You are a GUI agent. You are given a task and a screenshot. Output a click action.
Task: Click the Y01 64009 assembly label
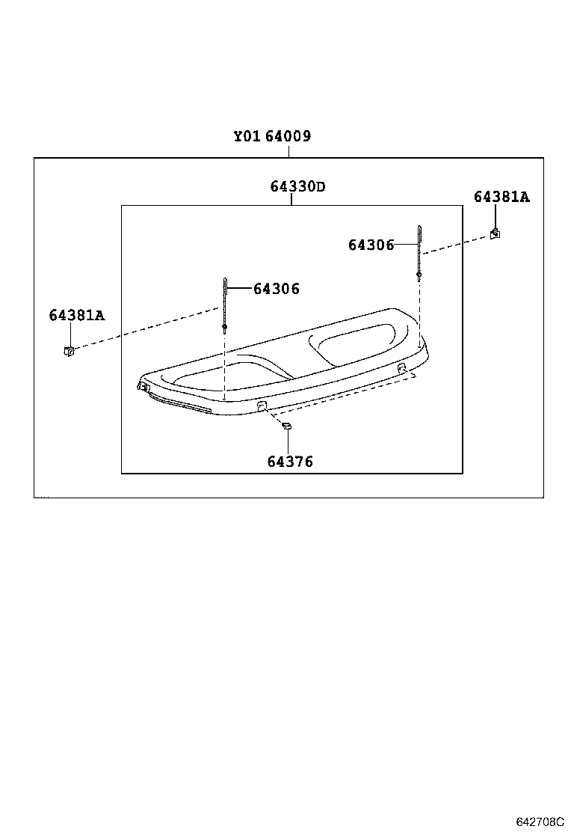coord(271,137)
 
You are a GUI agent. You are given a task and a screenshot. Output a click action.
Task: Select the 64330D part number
coord(297,186)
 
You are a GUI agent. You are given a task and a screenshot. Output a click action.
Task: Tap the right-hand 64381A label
coord(501,197)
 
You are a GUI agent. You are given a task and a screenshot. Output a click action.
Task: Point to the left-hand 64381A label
coord(77,316)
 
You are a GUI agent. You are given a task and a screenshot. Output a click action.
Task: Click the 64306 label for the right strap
coord(371,245)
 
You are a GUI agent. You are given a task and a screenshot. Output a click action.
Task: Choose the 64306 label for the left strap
coord(276,289)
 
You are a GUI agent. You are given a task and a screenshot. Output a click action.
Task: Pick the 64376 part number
coord(290,462)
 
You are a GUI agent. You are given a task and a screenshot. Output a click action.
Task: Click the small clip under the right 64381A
coord(495,233)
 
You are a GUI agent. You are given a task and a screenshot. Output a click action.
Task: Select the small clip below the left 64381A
coord(68,350)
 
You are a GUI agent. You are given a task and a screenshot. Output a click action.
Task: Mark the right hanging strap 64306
coord(419,251)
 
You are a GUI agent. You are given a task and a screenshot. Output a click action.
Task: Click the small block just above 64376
coord(285,426)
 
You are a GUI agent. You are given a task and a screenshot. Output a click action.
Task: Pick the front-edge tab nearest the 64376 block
coord(262,406)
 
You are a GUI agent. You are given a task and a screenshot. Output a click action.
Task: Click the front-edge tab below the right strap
coord(402,368)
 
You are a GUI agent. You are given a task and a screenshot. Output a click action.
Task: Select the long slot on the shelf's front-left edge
coord(179,404)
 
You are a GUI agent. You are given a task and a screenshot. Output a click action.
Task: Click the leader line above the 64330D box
coord(291,200)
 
